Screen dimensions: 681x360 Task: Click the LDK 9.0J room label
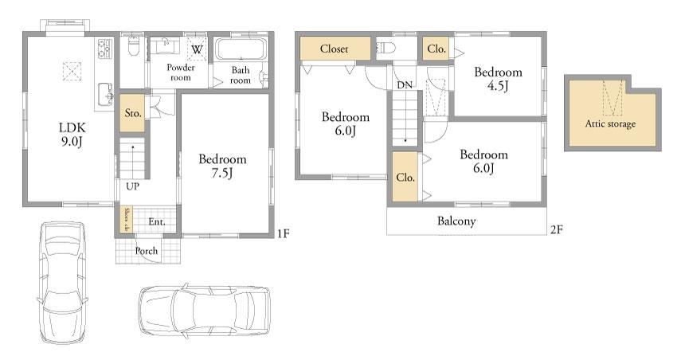72,134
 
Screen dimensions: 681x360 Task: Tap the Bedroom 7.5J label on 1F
222,166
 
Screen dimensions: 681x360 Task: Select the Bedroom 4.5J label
498,79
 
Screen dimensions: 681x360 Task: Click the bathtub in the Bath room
241,49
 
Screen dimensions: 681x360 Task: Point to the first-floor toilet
134,45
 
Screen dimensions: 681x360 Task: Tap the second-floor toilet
386,47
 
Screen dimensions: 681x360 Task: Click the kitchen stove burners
105,49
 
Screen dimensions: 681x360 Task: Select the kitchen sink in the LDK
105,93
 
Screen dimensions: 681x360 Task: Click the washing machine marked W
197,49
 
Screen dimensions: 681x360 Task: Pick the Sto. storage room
132,113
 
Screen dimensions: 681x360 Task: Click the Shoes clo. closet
127,219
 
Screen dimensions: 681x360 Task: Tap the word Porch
147,251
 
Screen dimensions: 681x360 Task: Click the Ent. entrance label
157,222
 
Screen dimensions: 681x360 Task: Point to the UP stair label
132,186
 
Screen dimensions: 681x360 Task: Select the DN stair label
405,85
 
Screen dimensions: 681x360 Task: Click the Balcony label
456,221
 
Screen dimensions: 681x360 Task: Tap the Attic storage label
610,123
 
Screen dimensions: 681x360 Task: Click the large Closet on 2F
335,49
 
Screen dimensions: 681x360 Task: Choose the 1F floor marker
284,233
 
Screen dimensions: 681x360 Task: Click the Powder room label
181,72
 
